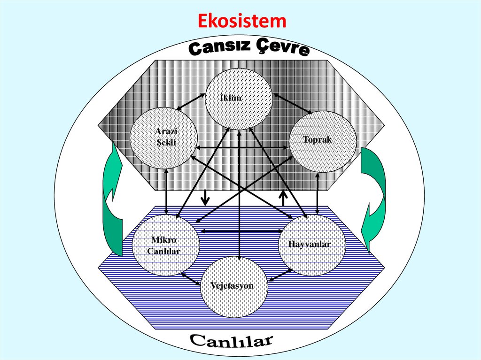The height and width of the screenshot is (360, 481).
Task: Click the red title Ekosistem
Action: coord(241,21)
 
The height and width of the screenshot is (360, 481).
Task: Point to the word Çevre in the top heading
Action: coord(282,48)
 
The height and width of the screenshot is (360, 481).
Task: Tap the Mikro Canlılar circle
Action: coord(166,245)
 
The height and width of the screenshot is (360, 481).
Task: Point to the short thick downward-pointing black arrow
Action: coord(204,198)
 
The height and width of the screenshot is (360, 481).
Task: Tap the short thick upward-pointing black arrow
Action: coord(283,198)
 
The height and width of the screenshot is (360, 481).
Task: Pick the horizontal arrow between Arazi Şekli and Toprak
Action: coord(242,148)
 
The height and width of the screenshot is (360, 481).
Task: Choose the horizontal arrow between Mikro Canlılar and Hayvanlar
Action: coord(241,230)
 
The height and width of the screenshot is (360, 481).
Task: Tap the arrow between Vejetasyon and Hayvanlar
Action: coord(280,276)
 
